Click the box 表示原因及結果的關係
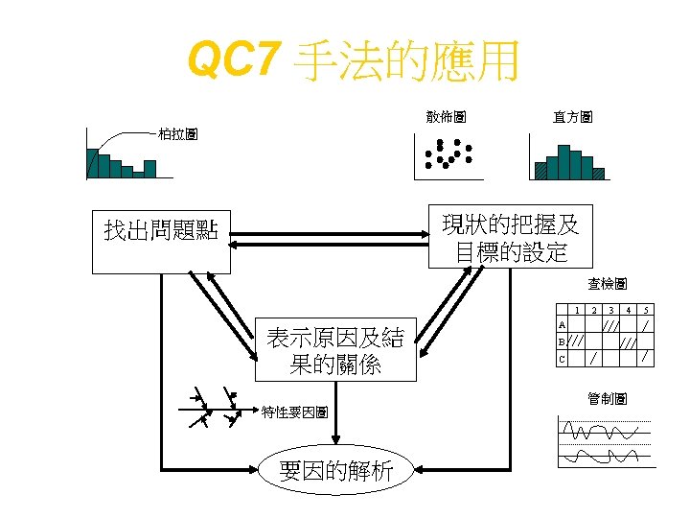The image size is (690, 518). coord(335,350)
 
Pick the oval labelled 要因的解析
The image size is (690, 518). coord(335,470)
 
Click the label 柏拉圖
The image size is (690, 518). coord(178,135)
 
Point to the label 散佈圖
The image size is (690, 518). coord(447,116)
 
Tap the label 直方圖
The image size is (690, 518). coord(572,116)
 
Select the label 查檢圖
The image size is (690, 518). coord(608,284)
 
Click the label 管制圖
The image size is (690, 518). coord(608,398)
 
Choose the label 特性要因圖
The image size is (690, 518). coord(296,412)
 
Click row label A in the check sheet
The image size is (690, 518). coord(563,326)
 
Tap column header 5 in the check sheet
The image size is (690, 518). coord(646,310)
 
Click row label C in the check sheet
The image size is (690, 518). coord(563,359)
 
